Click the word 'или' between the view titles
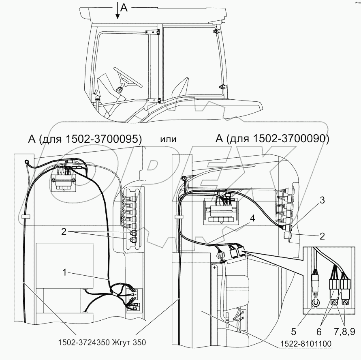click(168, 139)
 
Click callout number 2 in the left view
click(64, 231)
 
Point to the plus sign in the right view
click(214, 268)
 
